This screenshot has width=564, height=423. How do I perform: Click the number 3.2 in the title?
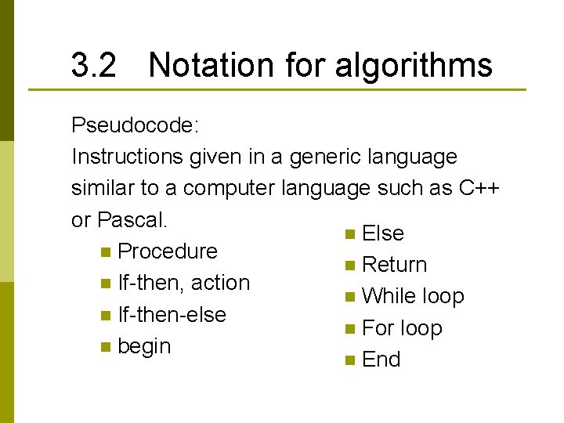tap(93, 66)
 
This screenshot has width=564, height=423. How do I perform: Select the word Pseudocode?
tap(129, 125)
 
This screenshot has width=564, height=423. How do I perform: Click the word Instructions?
tap(127, 157)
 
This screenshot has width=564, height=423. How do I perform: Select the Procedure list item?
tap(167, 251)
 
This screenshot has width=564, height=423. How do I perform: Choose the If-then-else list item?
tap(172, 315)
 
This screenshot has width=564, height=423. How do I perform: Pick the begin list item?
tap(143, 346)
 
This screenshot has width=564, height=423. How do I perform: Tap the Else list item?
tap(383, 233)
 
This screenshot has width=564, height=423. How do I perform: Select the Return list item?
tap(395, 265)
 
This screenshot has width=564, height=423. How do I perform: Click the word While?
tap(389, 296)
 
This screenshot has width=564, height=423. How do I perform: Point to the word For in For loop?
tap(378, 328)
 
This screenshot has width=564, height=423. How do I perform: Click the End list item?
tap(381, 360)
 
